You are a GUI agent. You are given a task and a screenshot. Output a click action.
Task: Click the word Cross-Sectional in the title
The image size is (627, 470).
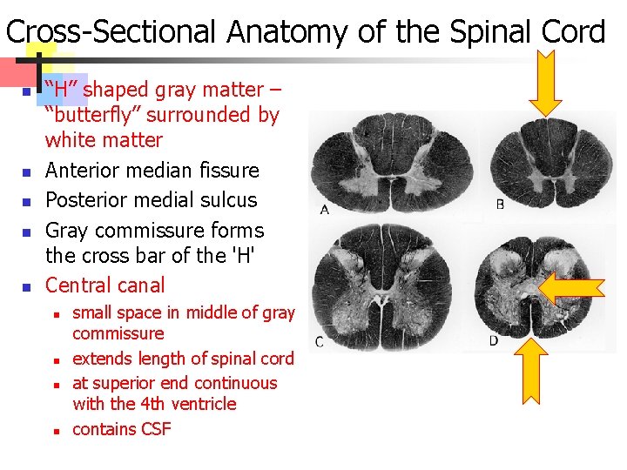tap(111, 32)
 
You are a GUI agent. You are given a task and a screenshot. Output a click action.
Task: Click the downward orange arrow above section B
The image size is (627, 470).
tap(546, 84)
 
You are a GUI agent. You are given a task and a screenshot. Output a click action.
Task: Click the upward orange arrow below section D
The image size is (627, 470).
tap(546, 366)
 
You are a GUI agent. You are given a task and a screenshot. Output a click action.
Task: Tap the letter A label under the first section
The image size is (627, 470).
tap(325, 210)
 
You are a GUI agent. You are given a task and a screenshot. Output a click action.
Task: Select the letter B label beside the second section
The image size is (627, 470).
tap(500, 205)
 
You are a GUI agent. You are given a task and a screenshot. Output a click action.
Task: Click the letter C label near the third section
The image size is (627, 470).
tap(319, 341)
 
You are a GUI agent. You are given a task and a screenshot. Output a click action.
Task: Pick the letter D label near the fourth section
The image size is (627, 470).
tap(494, 340)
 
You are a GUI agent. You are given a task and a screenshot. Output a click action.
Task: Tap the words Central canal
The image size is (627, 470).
tap(104, 285)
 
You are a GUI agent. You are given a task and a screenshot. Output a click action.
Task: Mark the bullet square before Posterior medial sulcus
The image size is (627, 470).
tap(27, 202)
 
